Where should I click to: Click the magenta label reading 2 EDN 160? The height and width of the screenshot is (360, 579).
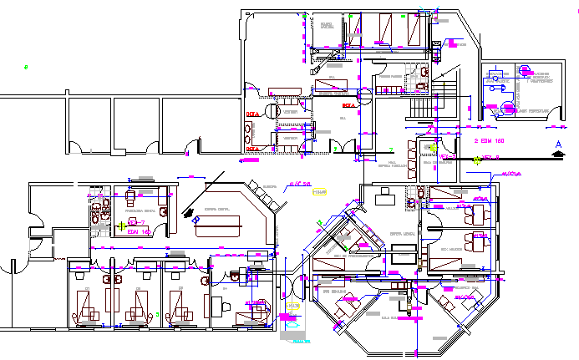click(490, 144)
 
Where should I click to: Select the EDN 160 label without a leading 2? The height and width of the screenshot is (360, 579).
click(139, 231)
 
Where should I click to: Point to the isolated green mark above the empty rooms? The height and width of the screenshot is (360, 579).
click(26, 67)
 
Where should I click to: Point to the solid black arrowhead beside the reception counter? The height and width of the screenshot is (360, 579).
click(193, 215)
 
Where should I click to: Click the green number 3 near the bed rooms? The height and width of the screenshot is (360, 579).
click(157, 314)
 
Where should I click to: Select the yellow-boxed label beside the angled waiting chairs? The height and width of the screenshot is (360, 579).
click(318, 193)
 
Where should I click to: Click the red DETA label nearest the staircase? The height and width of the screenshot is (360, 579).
click(348, 106)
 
